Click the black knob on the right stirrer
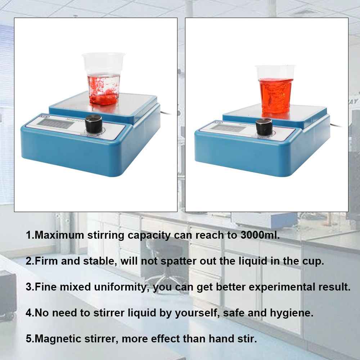[264, 127]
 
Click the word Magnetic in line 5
[59, 339]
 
